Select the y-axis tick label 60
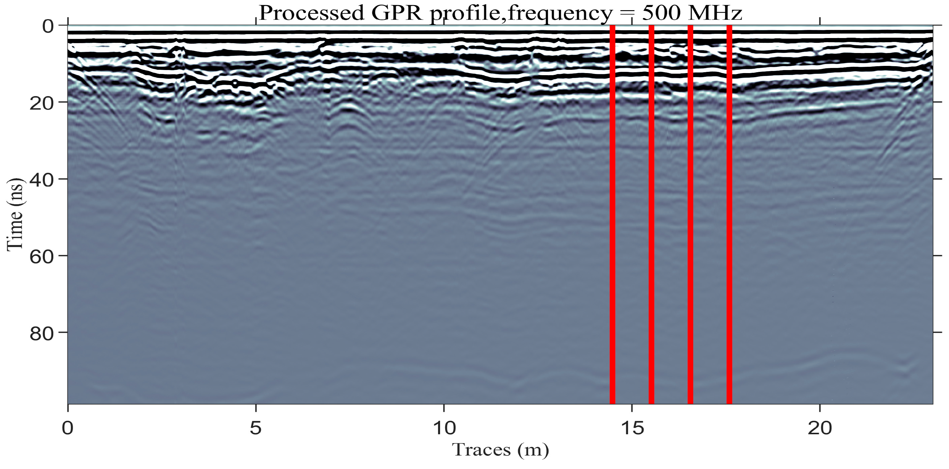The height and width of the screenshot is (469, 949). click(42, 257)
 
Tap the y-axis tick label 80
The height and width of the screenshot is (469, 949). click(42, 334)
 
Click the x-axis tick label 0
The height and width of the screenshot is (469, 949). click(68, 428)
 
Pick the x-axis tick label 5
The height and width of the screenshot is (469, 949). click(256, 428)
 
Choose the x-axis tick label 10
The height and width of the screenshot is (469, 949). click(444, 428)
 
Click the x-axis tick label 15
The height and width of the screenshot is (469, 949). click(632, 428)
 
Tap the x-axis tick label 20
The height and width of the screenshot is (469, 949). click(820, 428)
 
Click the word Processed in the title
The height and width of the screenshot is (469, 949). click(311, 13)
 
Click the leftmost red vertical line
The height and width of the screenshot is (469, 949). click(612, 214)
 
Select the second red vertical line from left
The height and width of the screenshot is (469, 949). click(651, 214)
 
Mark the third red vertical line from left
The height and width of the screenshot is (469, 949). click(691, 214)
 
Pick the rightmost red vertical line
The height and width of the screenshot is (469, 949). click(729, 214)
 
